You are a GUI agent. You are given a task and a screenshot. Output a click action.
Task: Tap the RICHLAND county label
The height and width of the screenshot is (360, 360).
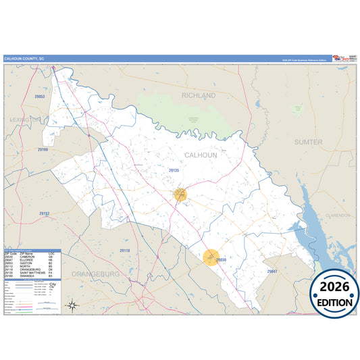click(198, 96)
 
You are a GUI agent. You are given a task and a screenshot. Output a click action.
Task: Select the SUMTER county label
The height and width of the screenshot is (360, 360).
click(308, 143)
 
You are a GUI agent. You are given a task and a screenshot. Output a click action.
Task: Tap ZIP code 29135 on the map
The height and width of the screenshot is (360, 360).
click(174, 170)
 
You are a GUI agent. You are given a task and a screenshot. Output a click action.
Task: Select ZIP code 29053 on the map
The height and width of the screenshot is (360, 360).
click(38, 97)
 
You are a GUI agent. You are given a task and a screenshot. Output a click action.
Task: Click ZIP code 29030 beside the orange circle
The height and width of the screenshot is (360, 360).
click(221, 259)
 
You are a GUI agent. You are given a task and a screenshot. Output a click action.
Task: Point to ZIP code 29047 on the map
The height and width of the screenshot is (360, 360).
click(272, 271)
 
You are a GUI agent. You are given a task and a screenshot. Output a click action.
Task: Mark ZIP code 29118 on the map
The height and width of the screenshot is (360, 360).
click(125, 251)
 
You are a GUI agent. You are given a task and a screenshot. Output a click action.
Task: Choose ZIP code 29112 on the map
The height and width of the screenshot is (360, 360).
click(44, 213)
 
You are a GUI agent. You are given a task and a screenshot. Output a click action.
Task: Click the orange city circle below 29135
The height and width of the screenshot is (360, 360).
click(180, 195)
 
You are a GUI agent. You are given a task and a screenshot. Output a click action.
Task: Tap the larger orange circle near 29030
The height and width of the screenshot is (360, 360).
click(211, 257)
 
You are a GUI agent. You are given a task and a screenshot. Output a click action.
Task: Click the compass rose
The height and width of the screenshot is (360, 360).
click(72, 305)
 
